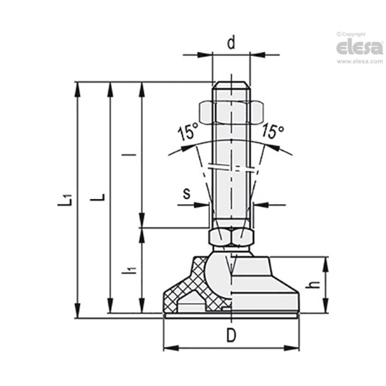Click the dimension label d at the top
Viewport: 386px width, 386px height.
(231, 43)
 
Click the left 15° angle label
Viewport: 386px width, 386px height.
(188, 133)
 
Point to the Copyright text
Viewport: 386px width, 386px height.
(351, 34)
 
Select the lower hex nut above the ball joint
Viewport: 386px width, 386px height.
(231, 237)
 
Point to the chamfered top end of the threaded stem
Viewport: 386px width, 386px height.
(231, 85)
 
